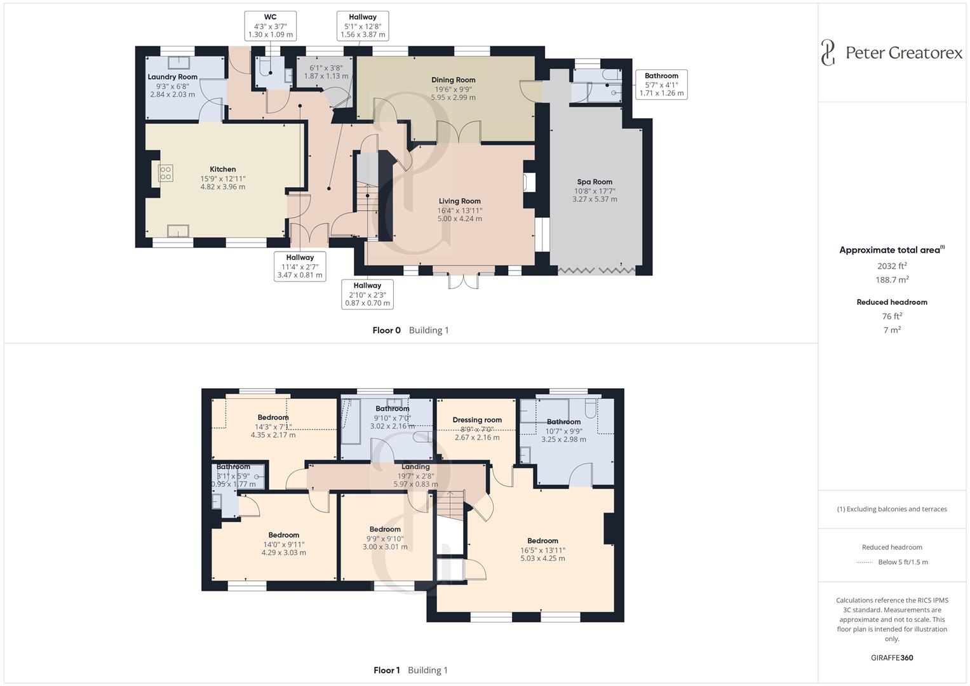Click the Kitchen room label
222,170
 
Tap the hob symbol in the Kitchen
165,173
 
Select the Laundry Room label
172,77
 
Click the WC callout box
270,26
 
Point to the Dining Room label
453,80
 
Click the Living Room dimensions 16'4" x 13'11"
459,210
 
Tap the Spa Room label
594,182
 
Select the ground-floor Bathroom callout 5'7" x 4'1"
661,84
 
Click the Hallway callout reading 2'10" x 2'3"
367,295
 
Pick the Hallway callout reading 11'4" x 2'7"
300,267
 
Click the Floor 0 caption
386,330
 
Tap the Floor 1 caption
386,670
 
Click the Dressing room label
477,420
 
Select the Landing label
415,466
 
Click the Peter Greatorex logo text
903,53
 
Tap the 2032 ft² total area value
892,266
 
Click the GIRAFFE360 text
892,657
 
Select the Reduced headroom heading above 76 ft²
892,302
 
